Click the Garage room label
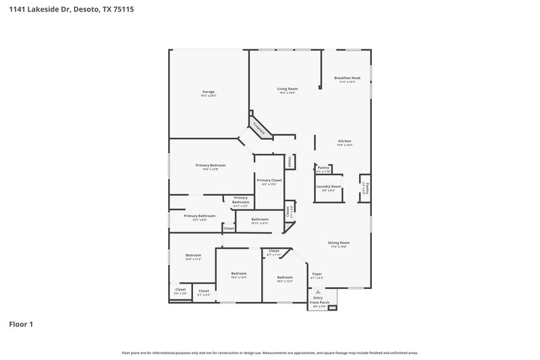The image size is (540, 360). point(209,92)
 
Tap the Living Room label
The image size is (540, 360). point(287,89)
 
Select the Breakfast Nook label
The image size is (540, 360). point(348,78)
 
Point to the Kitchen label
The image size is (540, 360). point(344,141)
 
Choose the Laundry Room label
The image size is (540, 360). point(328,186)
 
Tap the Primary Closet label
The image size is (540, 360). point(269,180)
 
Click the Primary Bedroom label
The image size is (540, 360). point(211,165)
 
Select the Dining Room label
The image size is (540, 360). point(339,242)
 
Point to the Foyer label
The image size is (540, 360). point(317,274)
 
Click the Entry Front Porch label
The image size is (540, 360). point(319,299)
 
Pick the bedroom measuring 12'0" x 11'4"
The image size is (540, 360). point(194,255)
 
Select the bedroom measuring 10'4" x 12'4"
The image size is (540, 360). point(239,274)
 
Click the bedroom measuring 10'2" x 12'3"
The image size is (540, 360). point(285,278)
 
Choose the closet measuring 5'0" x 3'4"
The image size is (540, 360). point(180,290)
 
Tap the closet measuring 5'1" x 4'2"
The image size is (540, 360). point(204,291)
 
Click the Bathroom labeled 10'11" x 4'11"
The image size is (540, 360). point(260,220)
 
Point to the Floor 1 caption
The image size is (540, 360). point(21,324)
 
